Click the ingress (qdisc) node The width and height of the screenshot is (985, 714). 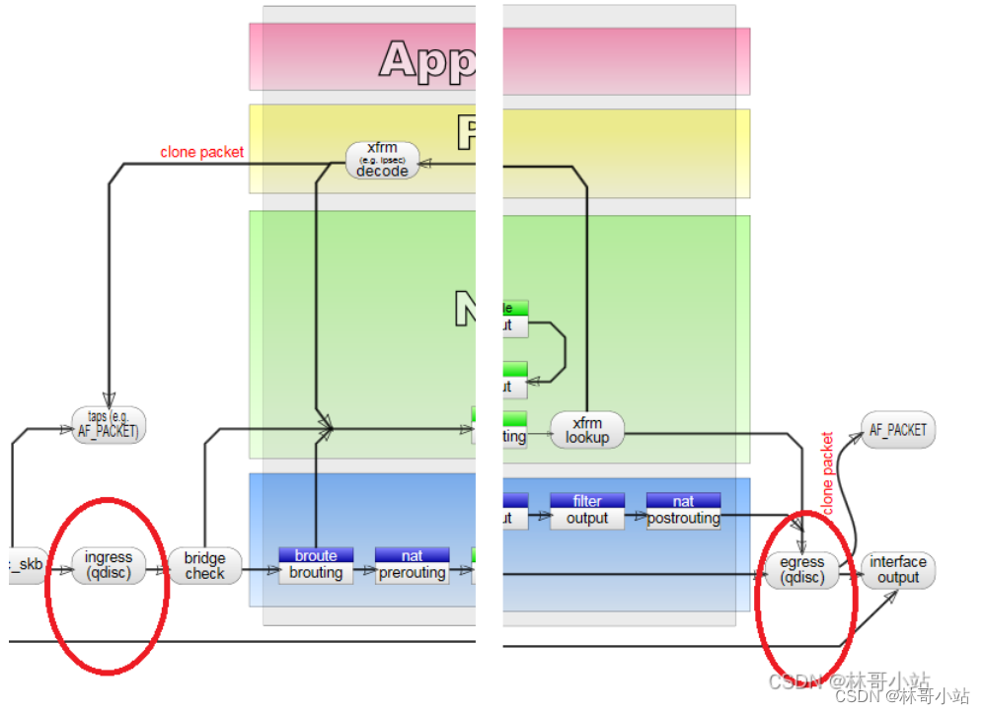pos(109,565)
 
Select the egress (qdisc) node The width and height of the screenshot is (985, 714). pos(801,569)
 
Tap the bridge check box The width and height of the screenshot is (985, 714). pos(204,566)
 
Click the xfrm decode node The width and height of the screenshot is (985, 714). pos(382,160)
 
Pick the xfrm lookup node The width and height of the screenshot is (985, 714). pos(587,430)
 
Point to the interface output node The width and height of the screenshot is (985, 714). pos(897,570)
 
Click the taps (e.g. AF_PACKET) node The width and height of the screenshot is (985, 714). pos(109,424)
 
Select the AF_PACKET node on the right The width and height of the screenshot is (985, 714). pos(898,430)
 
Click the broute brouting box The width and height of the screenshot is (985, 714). pos(316,566)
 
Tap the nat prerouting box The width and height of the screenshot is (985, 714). pos(413,566)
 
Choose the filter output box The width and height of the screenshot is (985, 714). pos(587,511)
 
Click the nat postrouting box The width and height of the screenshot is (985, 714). pos(683,511)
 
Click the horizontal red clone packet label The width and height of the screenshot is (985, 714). pos(201,152)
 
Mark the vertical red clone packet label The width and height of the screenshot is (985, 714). pos(827,472)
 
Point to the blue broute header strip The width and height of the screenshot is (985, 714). pos(316,556)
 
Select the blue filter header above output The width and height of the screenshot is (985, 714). pos(587,501)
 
